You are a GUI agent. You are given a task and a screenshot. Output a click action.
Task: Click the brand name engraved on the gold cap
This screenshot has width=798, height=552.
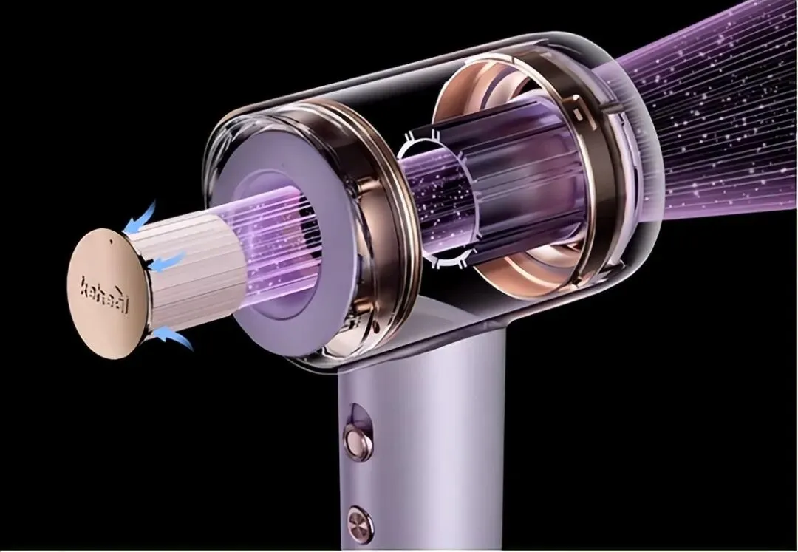pos(105,295)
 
